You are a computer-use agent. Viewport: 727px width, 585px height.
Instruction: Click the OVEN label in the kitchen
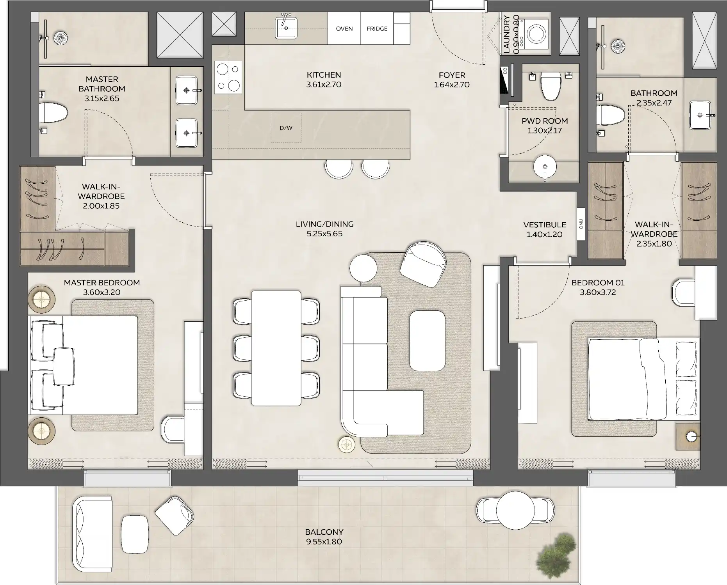coord(344,28)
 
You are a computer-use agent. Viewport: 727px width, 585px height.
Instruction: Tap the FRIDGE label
coord(377,28)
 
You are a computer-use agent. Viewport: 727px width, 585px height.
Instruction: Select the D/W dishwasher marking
coord(286,128)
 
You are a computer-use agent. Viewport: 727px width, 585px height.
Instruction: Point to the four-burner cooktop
coord(228,78)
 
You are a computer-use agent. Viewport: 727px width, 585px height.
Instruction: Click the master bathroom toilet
coord(53,112)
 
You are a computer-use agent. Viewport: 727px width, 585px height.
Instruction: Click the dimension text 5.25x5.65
coord(324,234)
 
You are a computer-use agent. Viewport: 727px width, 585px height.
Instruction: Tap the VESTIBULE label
coord(544,225)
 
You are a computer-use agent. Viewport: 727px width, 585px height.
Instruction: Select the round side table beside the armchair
coord(363,268)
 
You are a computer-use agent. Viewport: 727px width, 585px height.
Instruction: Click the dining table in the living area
coord(276,348)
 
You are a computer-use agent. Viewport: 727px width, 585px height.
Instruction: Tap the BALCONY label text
coord(324,532)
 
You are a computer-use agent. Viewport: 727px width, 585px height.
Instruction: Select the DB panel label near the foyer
coord(505,71)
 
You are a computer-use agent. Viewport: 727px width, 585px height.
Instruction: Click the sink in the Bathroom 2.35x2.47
coord(700,115)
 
